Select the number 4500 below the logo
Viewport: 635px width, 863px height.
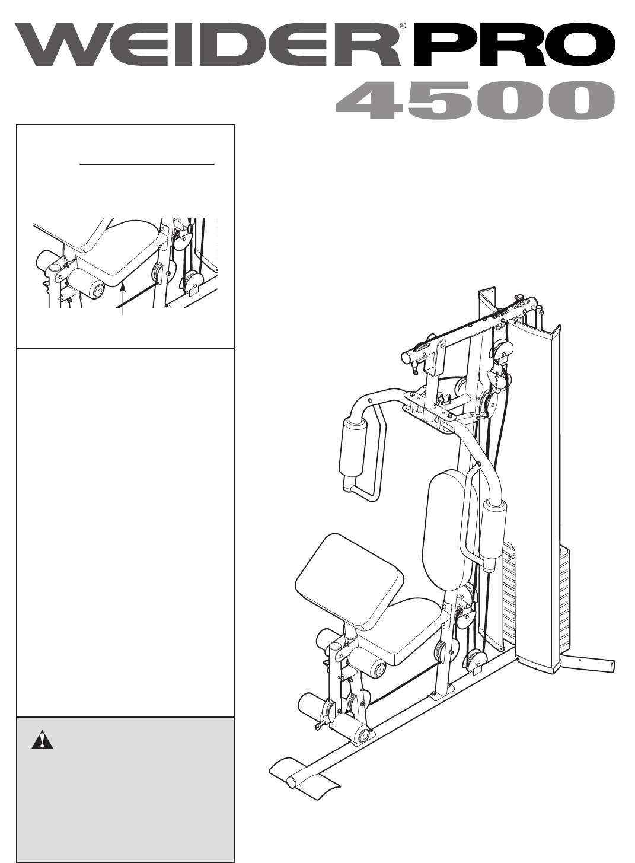pyautogui.click(x=475, y=100)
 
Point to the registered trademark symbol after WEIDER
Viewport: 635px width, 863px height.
pyautogui.click(x=403, y=26)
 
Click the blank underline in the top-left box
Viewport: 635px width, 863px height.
pyautogui.click(x=146, y=164)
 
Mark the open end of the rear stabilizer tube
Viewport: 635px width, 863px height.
pyautogui.click(x=612, y=664)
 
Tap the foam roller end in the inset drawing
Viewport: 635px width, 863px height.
pyautogui.click(x=97, y=291)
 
